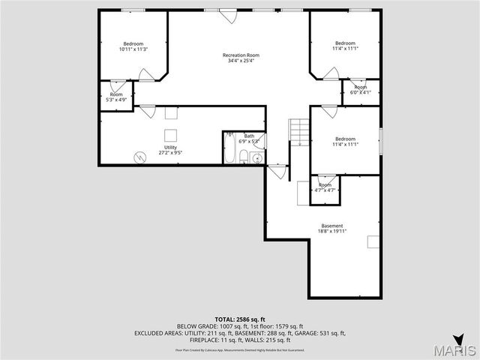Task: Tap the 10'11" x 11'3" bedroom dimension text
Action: point(133,49)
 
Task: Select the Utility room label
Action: point(170,147)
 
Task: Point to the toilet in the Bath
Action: point(244,157)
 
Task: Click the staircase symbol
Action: point(300,131)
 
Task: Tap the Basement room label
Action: point(332,226)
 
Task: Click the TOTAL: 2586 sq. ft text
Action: point(240,319)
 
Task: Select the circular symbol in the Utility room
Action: point(139,157)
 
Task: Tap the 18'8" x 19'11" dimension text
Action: point(332,231)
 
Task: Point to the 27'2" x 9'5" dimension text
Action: point(170,152)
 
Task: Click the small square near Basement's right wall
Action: point(373,241)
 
